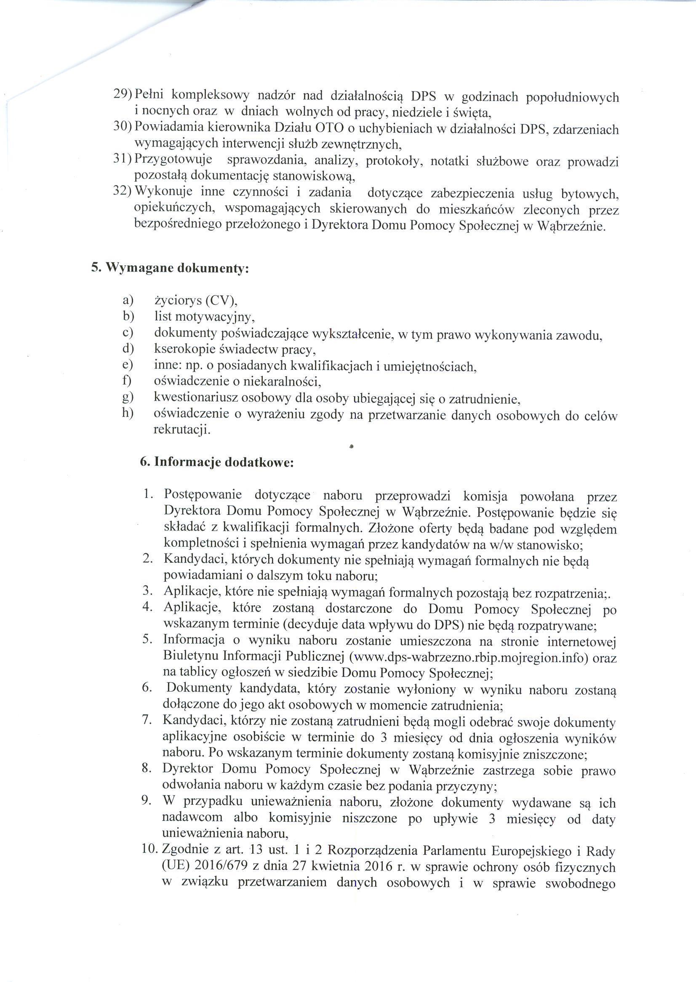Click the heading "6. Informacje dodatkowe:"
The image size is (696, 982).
[x=217, y=463]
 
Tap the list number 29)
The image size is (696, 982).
[x=123, y=94]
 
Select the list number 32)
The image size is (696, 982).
[x=122, y=192]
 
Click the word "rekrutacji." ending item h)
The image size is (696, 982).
[x=182, y=430]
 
